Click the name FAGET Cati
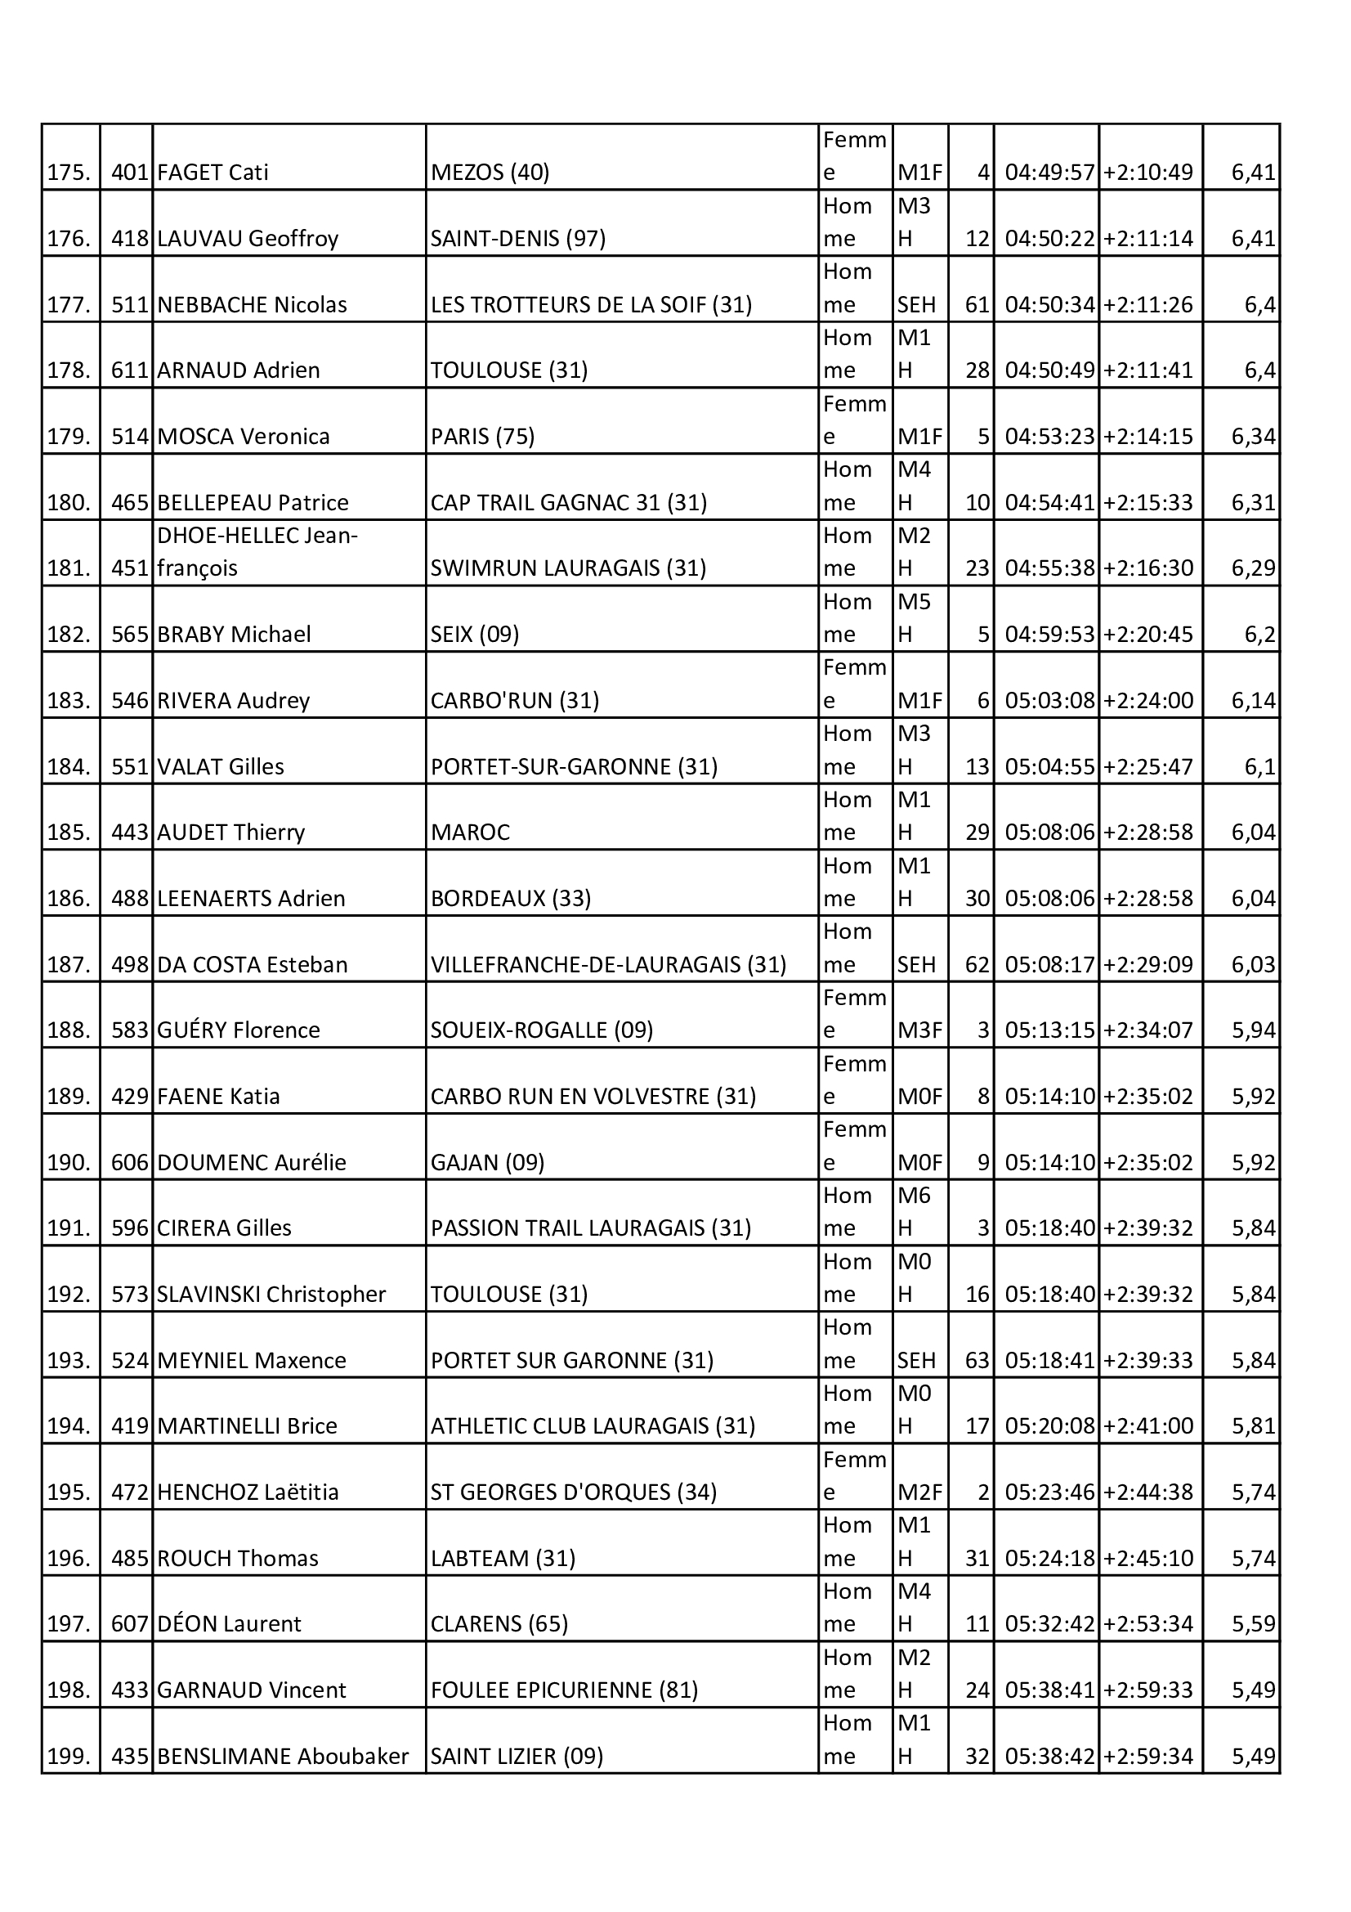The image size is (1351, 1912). click(x=212, y=173)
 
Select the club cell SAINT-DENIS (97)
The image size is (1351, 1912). click(x=517, y=239)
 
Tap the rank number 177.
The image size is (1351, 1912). click(x=69, y=305)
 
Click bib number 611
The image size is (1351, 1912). click(x=129, y=370)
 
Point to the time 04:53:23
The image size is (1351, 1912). click(x=1049, y=437)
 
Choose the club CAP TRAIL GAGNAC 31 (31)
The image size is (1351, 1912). click(x=569, y=503)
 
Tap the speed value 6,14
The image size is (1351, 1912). click(x=1253, y=700)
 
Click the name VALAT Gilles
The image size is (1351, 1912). click(x=221, y=767)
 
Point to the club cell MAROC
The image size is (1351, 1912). click(x=470, y=833)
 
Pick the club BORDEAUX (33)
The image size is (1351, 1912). click(x=510, y=899)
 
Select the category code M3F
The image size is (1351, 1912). click(x=919, y=1030)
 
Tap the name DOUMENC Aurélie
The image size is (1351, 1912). click(x=252, y=1163)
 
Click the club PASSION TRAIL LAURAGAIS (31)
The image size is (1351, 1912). click(x=590, y=1228)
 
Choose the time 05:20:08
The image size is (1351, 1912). click(x=1049, y=1426)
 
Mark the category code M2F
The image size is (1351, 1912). click(x=919, y=1492)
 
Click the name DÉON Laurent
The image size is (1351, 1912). click(x=229, y=1624)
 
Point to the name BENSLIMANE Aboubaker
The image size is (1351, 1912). click(x=283, y=1757)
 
